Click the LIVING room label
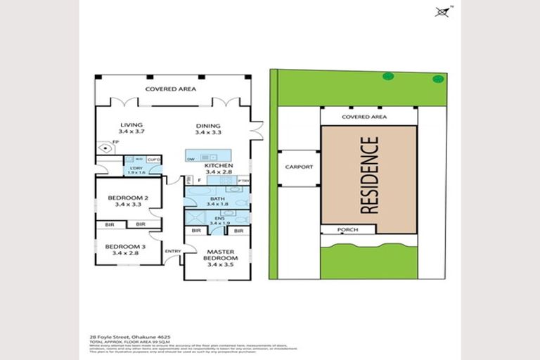[131, 125]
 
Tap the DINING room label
[207, 125]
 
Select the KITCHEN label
[219, 165]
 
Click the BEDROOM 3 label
[127, 246]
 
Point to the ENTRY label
[172, 251]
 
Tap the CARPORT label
[298, 167]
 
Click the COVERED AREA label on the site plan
[364, 117]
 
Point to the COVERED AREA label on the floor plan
[170, 89]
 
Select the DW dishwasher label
[191, 159]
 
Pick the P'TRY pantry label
[244, 181]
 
